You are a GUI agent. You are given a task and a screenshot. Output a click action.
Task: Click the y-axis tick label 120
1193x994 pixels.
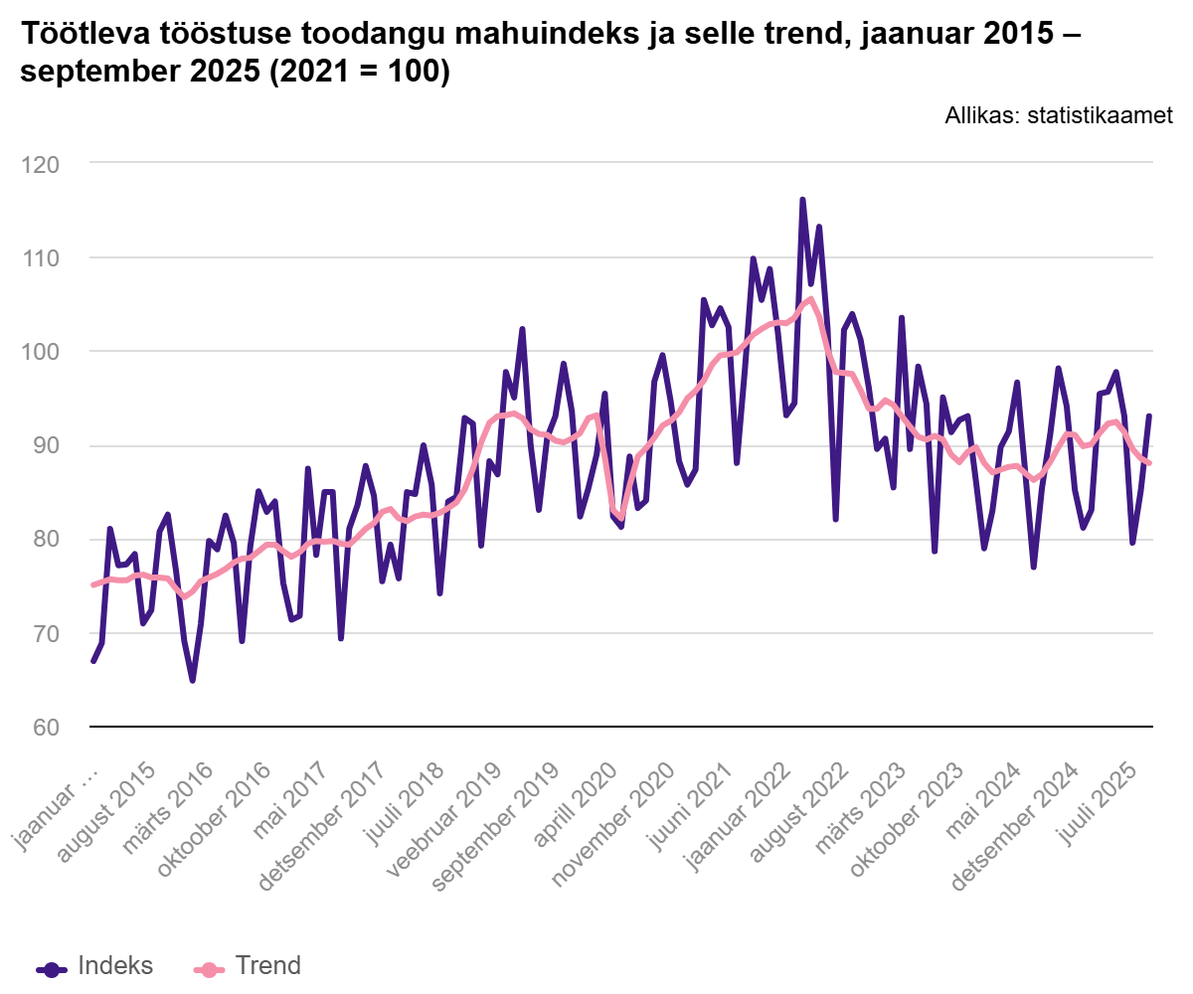point(40,163)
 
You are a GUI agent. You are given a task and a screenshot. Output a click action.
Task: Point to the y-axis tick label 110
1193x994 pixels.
point(40,257)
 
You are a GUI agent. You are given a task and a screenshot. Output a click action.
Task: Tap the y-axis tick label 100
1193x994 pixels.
point(40,352)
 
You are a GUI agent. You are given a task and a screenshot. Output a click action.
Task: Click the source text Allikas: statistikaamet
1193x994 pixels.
point(1059,115)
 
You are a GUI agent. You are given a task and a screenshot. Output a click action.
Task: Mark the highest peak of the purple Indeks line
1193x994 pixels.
point(802,200)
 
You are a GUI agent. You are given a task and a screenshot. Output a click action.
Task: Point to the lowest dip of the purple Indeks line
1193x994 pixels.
point(192,681)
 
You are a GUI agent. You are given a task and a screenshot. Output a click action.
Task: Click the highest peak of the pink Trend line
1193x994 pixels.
point(811,298)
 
